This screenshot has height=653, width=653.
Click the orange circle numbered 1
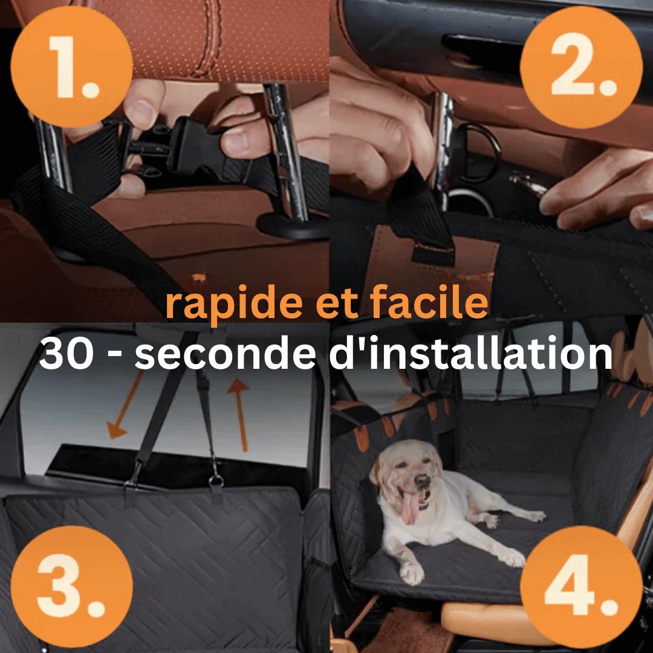(x=71, y=67)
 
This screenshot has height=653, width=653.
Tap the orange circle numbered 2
(x=582, y=67)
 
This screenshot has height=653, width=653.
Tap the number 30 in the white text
(x=67, y=353)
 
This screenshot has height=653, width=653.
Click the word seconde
(x=226, y=352)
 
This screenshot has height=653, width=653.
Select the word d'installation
(x=471, y=352)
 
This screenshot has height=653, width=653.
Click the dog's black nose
(x=422, y=481)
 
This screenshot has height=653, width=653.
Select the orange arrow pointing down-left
(x=126, y=404)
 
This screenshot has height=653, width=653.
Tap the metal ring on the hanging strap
(x=216, y=482)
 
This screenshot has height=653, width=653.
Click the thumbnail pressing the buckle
(x=236, y=141)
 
